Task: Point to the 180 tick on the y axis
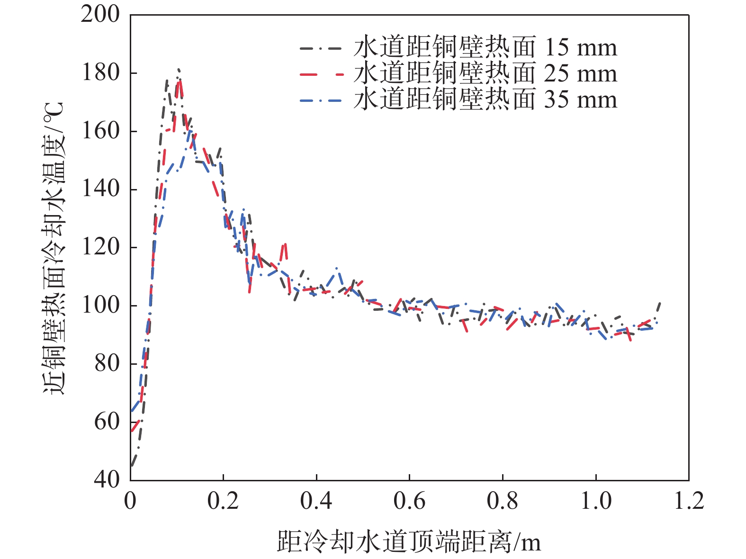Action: point(100,73)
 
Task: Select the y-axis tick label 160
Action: point(100,131)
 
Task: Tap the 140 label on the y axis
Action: point(100,189)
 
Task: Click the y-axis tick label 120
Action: point(100,247)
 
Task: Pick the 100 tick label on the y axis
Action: point(100,306)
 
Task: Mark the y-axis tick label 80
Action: point(107,364)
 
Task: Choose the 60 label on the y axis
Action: point(107,422)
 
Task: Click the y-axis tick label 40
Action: point(107,480)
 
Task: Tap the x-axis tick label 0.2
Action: point(223,501)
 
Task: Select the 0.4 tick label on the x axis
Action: point(316,501)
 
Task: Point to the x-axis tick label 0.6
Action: point(409,501)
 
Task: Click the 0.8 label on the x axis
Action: point(503,501)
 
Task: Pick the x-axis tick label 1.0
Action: point(596,501)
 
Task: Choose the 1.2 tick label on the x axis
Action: point(689,501)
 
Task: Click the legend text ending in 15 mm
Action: point(485,48)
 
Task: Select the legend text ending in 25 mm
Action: point(485,74)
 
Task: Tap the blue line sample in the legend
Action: point(320,100)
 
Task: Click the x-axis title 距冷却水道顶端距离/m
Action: point(409,541)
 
